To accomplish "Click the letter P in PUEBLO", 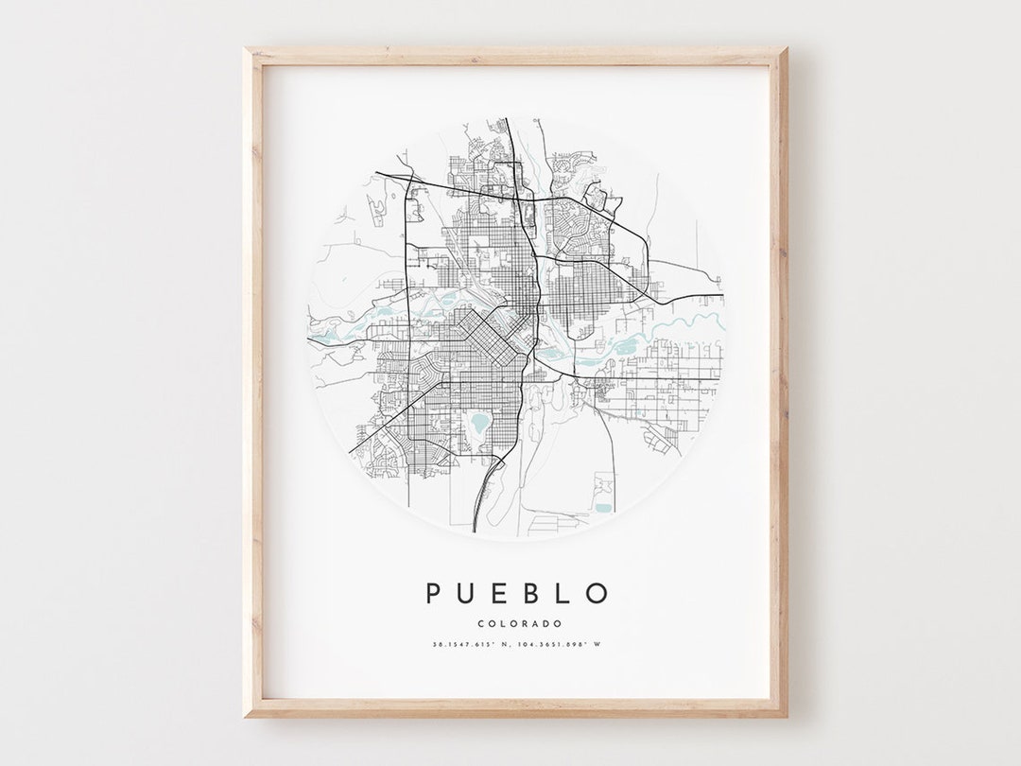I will click(434, 593).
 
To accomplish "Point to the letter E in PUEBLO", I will click(499, 593).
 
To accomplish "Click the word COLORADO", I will click(519, 623).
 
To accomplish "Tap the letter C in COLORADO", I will click(481, 623).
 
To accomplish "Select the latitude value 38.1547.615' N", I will click(469, 646).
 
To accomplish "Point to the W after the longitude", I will click(597, 646).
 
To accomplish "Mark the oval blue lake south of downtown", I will click(480, 422).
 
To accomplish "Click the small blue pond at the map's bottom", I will click(602, 508).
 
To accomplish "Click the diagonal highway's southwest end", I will click(352, 452).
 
